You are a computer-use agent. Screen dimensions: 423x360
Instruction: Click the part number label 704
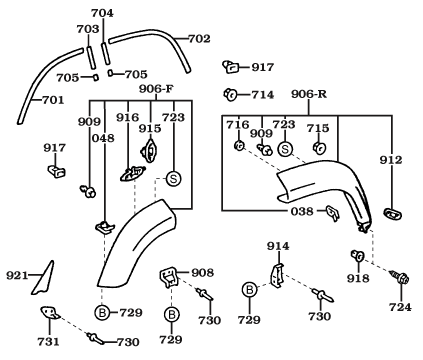[x=102, y=13]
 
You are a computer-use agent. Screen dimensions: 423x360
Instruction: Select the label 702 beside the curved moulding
[x=199, y=39]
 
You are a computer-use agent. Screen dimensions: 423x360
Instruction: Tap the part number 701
[x=53, y=100]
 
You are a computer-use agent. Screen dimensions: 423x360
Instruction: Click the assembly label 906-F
[x=156, y=89]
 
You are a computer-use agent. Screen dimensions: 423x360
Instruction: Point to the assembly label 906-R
[x=309, y=94]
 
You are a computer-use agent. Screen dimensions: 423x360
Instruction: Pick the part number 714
[x=263, y=95]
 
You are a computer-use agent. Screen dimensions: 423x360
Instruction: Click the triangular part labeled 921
[x=43, y=279]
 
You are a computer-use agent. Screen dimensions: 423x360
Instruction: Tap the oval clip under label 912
[x=393, y=214]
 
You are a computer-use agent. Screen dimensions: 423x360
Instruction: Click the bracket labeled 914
[x=277, y=276]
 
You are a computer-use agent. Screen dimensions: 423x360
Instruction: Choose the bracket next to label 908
[x=169, y=278]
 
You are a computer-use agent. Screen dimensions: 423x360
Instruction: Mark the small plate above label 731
[x=50, y=313]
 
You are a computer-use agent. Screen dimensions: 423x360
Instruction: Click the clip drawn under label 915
[x=149, y=150]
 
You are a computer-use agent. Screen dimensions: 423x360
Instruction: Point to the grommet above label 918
[x=357, y=256]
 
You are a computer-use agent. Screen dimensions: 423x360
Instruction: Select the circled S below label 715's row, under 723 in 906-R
[x=285, y=149]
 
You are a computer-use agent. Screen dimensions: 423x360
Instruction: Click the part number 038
[x=302, y=211]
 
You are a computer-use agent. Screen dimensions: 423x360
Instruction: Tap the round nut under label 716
[x=239, y=145]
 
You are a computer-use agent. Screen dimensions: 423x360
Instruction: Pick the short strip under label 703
[x=90, y=56]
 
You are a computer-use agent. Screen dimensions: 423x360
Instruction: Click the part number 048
[x=103, y=138]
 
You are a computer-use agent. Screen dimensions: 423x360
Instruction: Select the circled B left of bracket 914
[x=250, y=290]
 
